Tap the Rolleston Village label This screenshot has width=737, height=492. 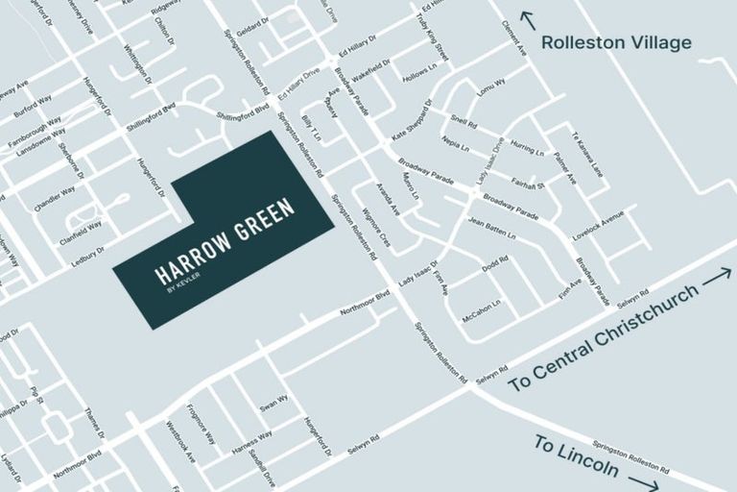pyautogui.click(x=616, y=42)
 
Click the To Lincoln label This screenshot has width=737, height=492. pyautogui.click(x=576, y=456)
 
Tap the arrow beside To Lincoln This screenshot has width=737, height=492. pyautogui.click(x=643, y=483)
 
